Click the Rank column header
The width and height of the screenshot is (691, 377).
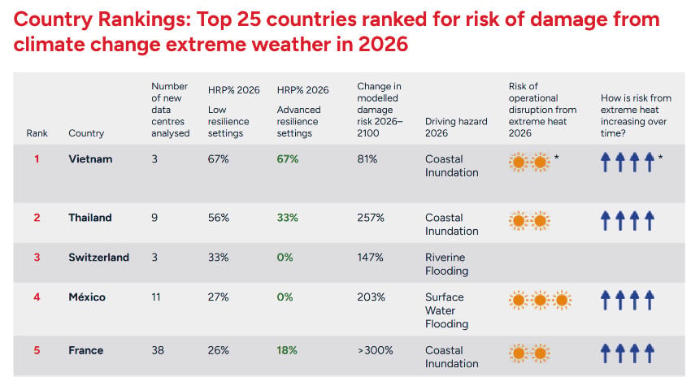click(37, 133)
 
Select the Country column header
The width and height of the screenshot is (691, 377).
click(86, 133)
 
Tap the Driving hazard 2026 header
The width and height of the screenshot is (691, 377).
click(456, 128)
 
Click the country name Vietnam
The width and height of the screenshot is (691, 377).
click(90, 159)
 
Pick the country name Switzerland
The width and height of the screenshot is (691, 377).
click(98, 258)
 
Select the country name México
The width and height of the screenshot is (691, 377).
click(87, 297)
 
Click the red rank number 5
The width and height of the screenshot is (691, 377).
click(37, 350)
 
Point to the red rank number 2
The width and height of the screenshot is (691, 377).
click(37, 218)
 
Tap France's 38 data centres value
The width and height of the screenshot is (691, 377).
click(158, 350)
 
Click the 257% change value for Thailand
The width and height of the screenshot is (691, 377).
click(371, 218)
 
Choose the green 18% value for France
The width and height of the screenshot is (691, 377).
click(287, 350)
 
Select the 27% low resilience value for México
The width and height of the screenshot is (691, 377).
click(218, 297)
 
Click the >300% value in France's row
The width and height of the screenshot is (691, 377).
click(375, 350)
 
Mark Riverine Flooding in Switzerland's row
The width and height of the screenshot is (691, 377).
click(446, 264)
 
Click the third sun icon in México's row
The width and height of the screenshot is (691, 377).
click(562, 301)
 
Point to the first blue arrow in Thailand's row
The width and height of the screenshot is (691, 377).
click(606, 221)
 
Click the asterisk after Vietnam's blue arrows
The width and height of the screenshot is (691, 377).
click(660, 157)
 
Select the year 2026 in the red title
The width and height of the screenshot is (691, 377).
click(383, 45)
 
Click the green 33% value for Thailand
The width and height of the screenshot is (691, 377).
click(287, 218)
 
